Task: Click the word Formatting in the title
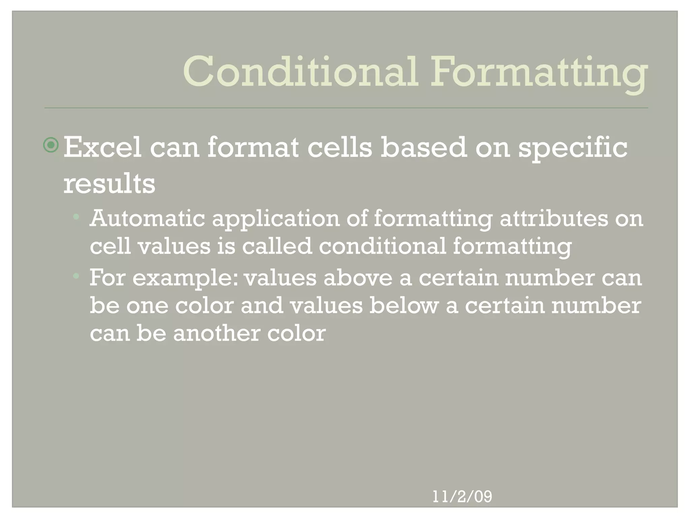point(539,72)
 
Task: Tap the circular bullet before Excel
point(51,145)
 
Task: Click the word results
point(109,184)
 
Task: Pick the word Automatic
point(147,219)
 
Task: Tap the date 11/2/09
point(462,497)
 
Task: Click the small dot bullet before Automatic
point(76,217)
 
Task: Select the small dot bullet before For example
point(76,276)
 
